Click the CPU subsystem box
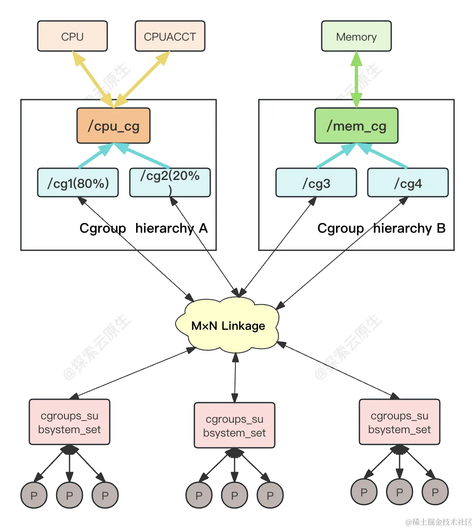72,37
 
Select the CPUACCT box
170,37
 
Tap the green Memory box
356,37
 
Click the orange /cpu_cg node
114,126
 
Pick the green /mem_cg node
356,126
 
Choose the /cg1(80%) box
78,183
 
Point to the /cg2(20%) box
170,182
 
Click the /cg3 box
316,183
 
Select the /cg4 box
408,183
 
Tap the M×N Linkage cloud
228,326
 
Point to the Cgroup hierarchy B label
381,228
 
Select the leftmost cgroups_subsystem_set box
70,422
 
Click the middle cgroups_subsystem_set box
235,426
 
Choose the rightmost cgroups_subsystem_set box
399,422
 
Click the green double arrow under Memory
356,80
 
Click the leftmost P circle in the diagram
34,496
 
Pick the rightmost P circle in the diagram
435,492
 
